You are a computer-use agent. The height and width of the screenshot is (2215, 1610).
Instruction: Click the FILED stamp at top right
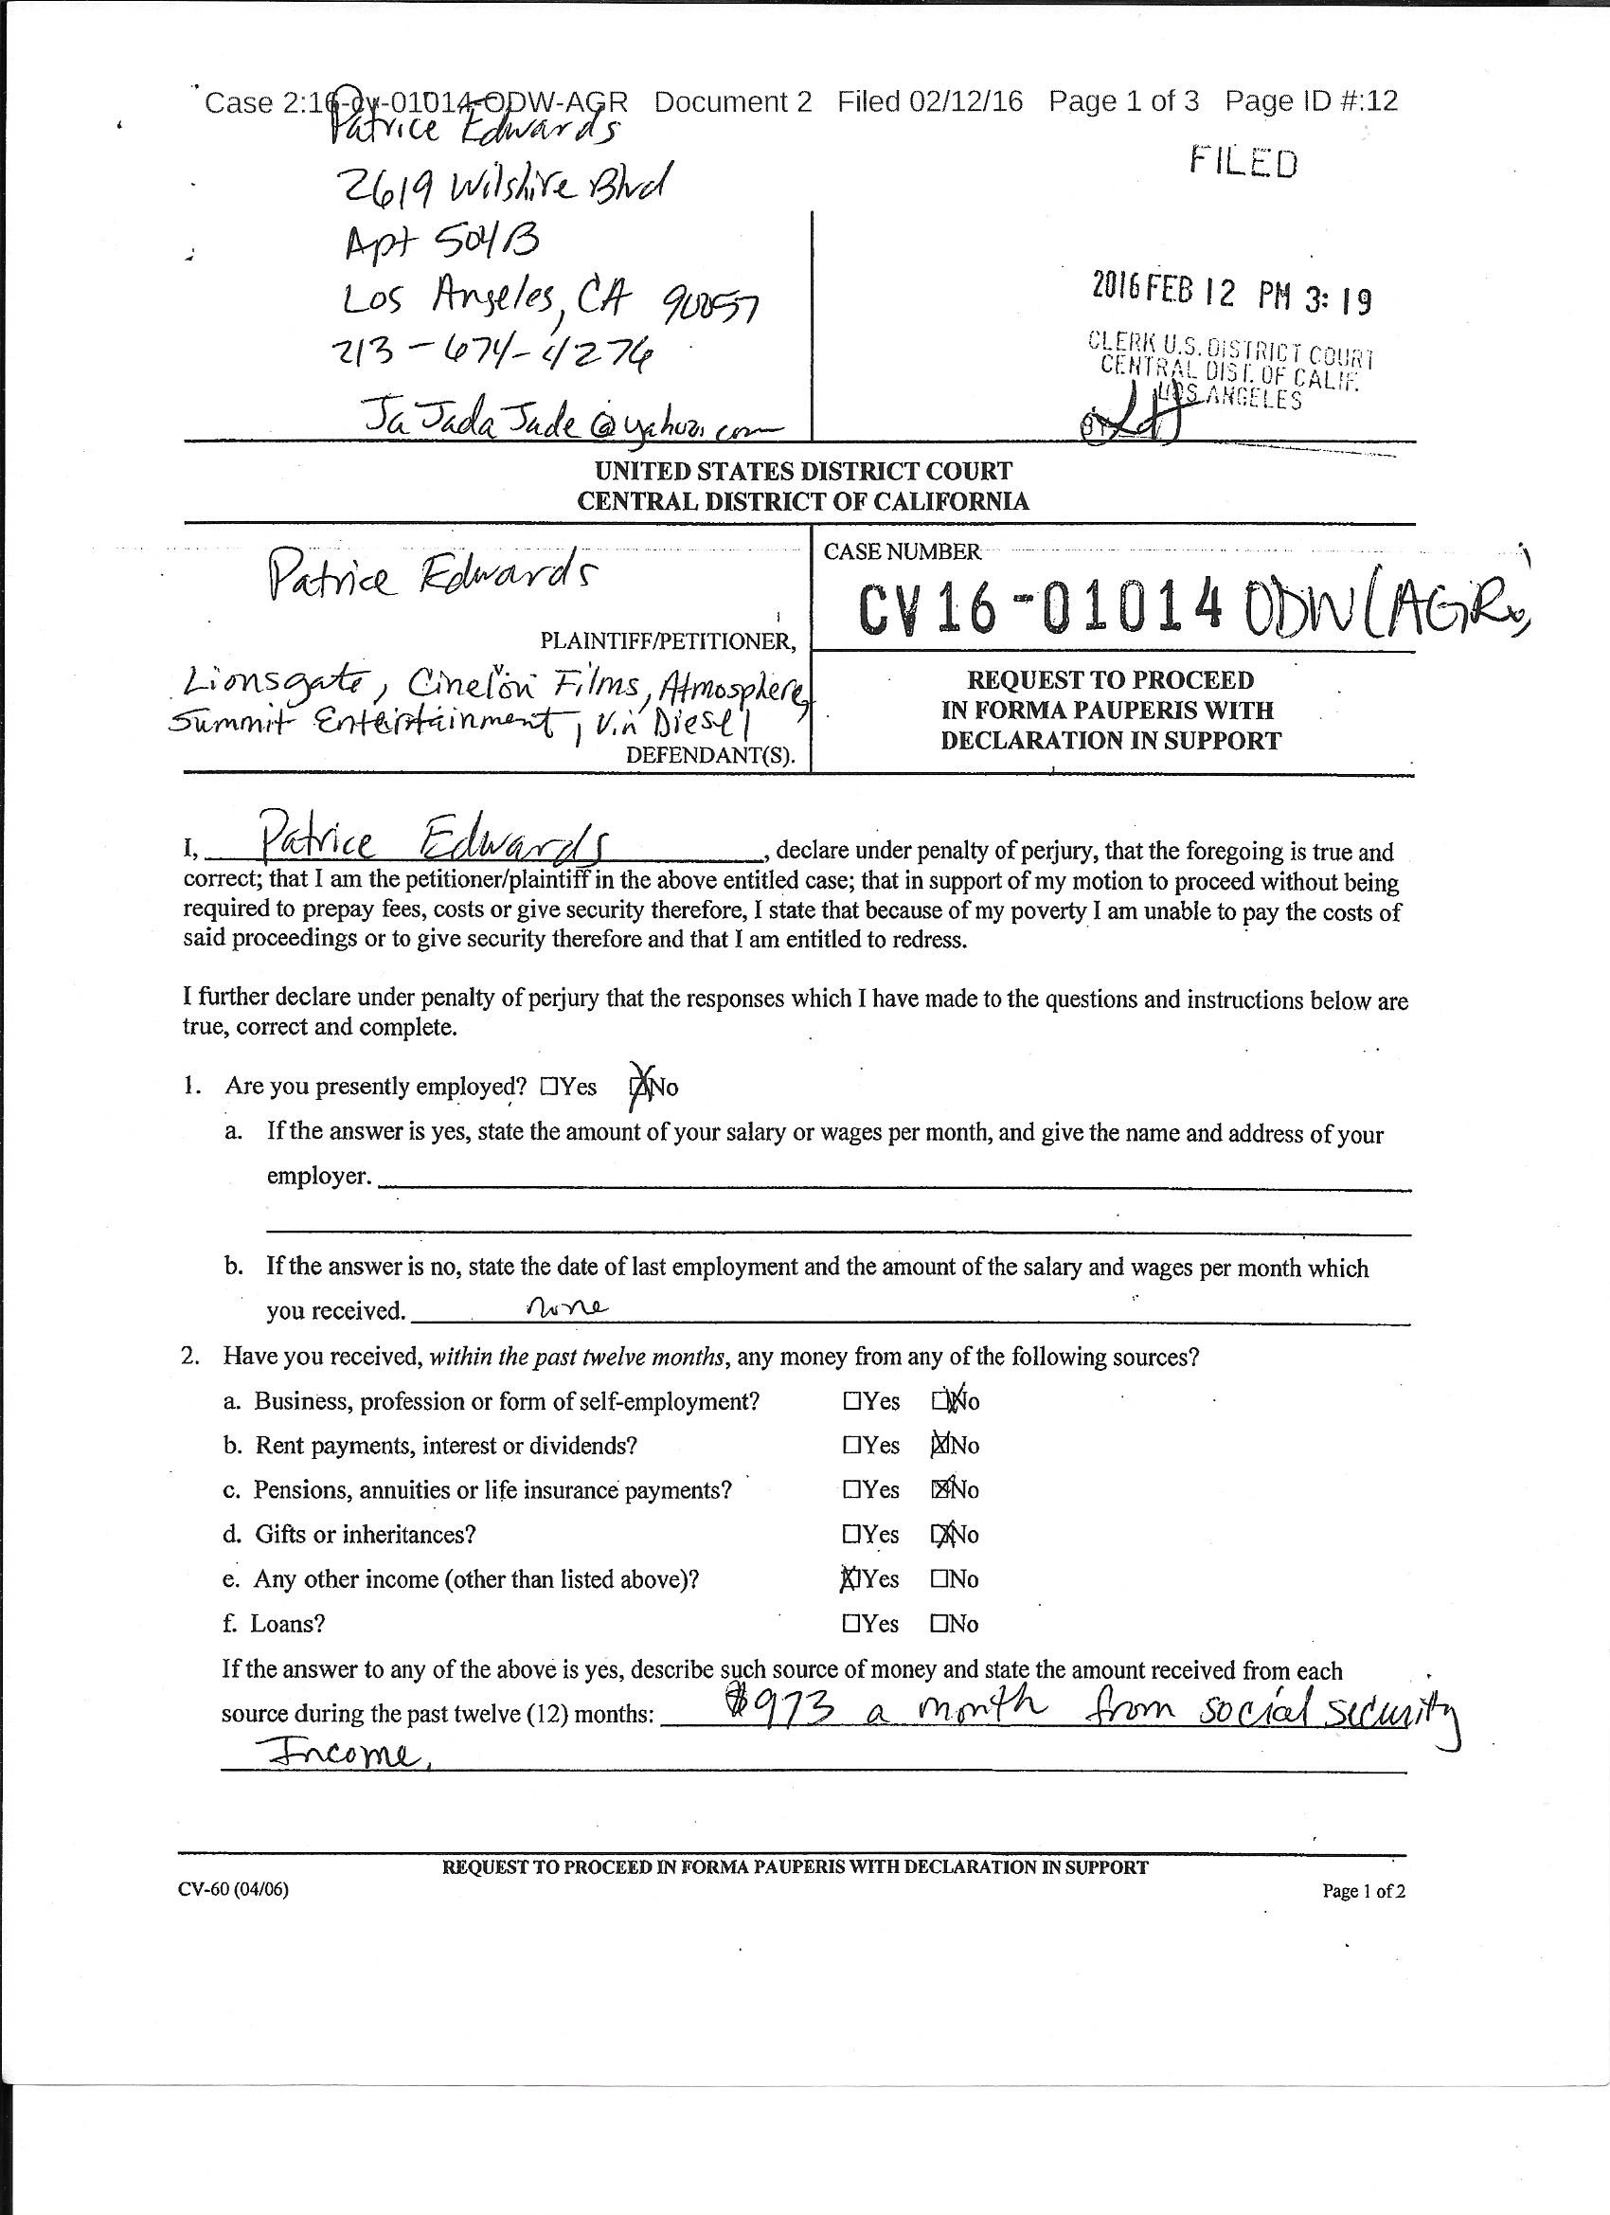point(1243,162)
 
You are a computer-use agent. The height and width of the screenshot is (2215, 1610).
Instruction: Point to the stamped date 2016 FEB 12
point(1163,290)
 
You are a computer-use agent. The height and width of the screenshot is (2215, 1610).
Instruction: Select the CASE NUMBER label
point(902,551)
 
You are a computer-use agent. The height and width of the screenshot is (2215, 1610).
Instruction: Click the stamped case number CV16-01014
point(1040,610)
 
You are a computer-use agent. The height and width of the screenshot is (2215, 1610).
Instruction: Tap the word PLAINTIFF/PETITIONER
point(668,641)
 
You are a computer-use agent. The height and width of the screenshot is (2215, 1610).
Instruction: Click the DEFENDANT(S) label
point(709,755)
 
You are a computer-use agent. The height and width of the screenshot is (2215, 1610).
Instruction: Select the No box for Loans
point(939,1624)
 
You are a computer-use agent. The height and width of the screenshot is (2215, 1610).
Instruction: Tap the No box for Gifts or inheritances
point(940,1534)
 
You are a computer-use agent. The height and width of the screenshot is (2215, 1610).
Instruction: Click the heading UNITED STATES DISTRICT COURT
point(802,471)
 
